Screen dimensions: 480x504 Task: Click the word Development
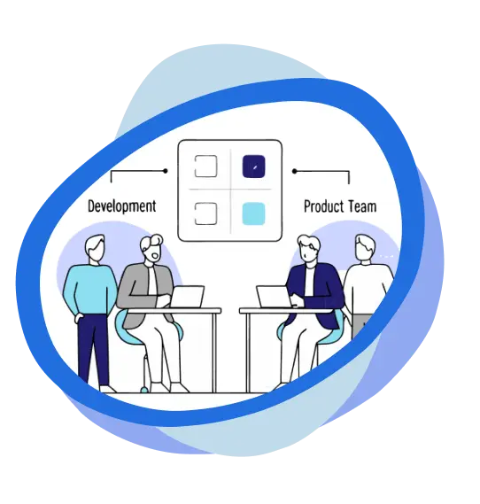pos(121,206)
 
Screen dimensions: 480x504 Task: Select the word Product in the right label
pos(324,206)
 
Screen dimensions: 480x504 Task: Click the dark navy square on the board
pos(254,167)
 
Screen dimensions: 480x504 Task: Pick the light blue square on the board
pos(254,213)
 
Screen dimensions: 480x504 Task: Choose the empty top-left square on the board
pos(206,167)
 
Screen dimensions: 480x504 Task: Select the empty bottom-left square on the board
pos(206,213)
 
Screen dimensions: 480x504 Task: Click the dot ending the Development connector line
pos(165,171)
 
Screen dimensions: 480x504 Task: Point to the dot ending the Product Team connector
pos(294,171)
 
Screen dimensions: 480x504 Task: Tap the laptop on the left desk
pos(188,297)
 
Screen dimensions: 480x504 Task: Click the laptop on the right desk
pos(274,297)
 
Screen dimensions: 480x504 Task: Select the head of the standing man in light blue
pos(95,248)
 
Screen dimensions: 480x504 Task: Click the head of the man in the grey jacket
pos(152,249)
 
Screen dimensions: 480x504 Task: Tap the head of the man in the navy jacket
pos(308,250)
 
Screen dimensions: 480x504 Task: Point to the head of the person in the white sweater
pos(365,249)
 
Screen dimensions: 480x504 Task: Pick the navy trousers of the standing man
pos(93,351)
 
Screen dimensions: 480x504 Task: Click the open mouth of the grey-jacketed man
pos(156,256)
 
